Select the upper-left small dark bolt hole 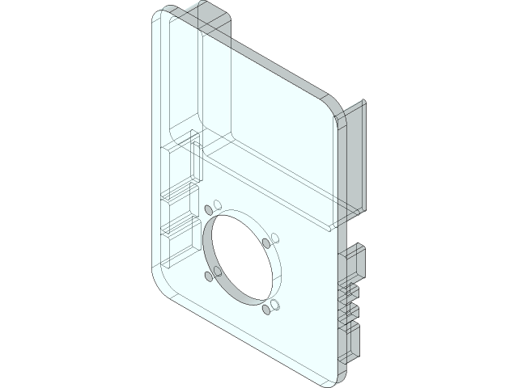tap(210, 209)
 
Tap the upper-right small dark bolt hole tap(266, 242)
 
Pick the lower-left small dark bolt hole tap(210, 276)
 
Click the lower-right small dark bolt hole tap(266, 310)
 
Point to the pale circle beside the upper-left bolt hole tap(218, 204)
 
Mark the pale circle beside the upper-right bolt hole tap(274, 238)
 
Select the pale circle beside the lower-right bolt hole tap(274, 304)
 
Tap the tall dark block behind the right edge tap(356, 162)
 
